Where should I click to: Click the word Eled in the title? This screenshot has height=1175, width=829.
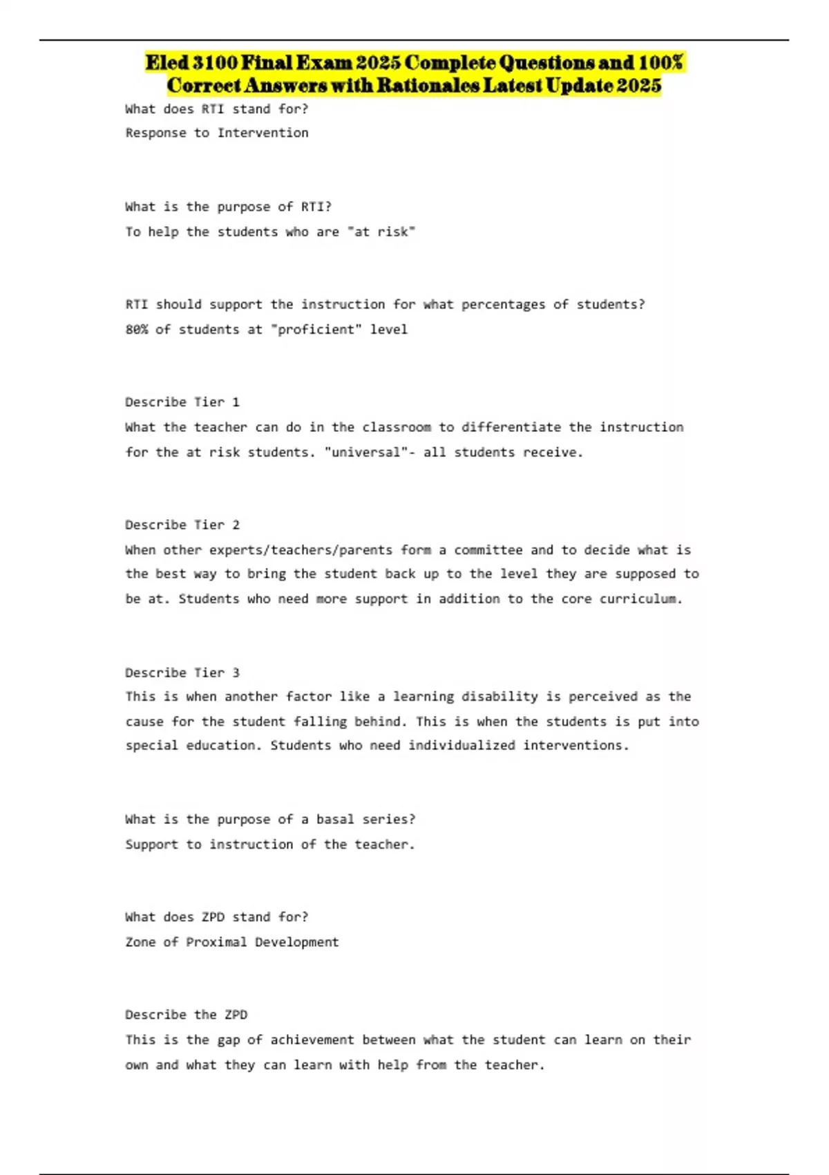tap(166, 63)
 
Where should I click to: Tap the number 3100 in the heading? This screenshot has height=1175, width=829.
tap(215, 63)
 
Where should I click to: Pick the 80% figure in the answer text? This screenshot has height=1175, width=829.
tap(136, 330)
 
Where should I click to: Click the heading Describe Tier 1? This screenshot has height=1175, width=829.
tap(182, 402)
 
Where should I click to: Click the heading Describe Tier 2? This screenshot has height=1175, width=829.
tap(182, 525)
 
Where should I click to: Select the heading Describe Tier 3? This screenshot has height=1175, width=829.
tap(182, 673)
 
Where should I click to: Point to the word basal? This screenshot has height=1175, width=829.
tap(335, 820)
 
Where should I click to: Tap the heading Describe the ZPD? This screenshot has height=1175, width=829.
tap(186, 1015)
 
